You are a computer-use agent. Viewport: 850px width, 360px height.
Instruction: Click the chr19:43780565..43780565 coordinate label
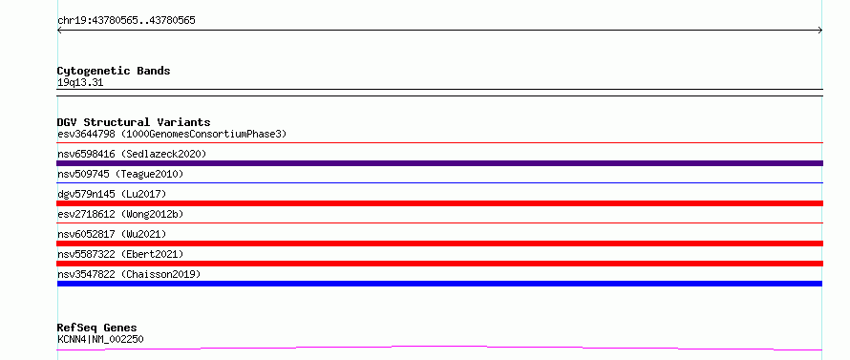point(126,21)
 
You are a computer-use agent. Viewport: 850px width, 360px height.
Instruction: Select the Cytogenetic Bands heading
point(114,71)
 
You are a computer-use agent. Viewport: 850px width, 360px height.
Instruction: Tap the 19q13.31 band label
point(80,83)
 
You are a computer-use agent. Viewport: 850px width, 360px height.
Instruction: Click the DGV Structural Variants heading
point(134,122)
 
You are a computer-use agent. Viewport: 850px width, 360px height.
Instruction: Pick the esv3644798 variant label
point(86,134)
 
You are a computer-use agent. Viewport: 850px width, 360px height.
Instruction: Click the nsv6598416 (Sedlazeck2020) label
point(132,154)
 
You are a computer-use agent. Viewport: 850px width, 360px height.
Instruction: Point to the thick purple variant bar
point(439,163)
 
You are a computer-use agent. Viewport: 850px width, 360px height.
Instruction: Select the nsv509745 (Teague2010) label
point(120,174)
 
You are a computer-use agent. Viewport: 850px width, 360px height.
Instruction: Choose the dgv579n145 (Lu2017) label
point(112,194)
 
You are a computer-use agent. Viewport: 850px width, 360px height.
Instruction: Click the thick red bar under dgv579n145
point(439,203)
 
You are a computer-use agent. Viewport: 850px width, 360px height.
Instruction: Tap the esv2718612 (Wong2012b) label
point(120,214)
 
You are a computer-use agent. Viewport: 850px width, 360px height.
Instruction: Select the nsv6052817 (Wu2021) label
point(112,234)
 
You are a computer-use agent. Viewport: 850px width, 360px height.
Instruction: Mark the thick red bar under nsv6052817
point(439,244)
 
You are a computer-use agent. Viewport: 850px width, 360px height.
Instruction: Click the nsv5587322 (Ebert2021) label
point(120,254)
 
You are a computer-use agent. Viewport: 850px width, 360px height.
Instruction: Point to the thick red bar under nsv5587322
point(439,264)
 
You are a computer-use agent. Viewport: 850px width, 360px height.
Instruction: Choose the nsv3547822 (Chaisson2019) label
point(129,274)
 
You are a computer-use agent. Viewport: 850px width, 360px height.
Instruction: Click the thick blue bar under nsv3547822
point(439,284)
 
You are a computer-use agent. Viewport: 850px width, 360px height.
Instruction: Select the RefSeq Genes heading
point(97,328)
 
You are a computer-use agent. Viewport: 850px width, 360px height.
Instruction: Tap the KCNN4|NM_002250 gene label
point(100,339)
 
